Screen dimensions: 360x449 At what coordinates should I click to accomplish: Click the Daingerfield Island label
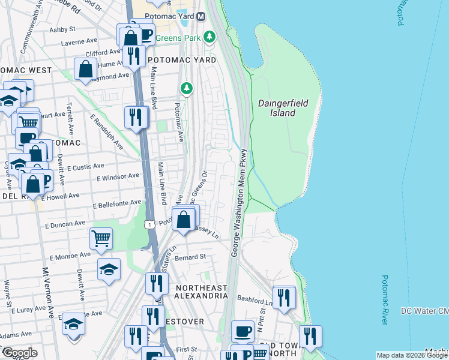point(283,108)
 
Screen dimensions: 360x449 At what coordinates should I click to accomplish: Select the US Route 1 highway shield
point(150,224)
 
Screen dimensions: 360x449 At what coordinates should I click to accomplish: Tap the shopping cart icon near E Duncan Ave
point(101,238)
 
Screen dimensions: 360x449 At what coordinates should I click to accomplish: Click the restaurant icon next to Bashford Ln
point(284,296)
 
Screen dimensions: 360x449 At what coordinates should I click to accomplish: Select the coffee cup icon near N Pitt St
point(243,331)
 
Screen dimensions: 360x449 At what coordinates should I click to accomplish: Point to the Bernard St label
point(191,257)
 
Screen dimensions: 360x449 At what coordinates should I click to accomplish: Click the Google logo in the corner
point(20,353)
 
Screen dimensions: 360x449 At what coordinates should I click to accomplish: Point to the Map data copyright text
point(412,355)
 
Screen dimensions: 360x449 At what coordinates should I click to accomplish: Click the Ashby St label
point(62,29)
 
